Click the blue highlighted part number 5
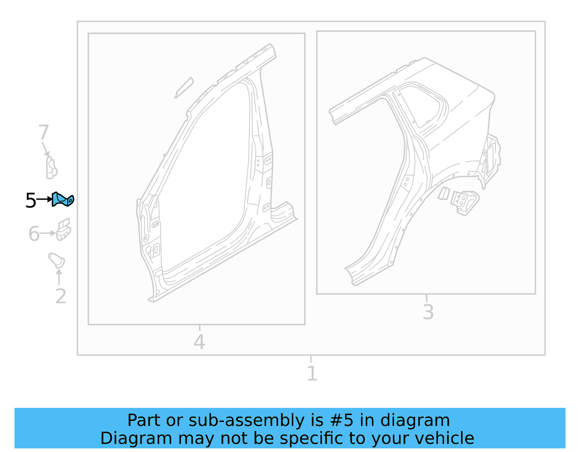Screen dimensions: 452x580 63,199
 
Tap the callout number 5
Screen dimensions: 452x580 31,200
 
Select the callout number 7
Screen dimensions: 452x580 43,132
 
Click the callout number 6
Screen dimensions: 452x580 34,233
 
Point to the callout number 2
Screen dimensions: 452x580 61,296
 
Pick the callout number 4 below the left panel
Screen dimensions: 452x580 199,342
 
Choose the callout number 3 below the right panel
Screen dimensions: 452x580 428,312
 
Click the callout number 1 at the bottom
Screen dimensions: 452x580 312,373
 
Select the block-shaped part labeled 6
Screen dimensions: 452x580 64,230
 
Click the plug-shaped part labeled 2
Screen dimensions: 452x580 57,260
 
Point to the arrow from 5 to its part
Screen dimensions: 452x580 45,199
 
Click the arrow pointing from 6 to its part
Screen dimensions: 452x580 47,233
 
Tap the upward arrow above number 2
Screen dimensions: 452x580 59,277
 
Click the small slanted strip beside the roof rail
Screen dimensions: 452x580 184,87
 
